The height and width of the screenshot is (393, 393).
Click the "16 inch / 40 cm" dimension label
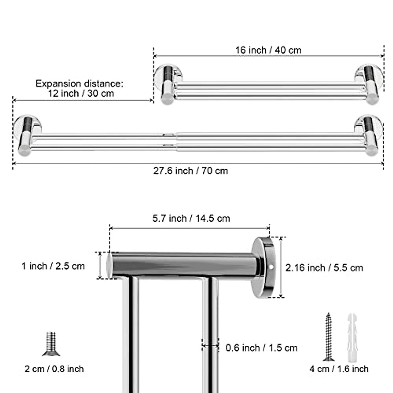click(x=268, y=50)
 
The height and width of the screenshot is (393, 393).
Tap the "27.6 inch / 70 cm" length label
click(x=191, y=171)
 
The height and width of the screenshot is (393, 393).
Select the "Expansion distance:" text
click(x=80, y=84)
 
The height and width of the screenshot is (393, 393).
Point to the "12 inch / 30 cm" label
click(x=81, y=93)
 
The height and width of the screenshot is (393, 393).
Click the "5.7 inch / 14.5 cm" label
click(x=191, y=218)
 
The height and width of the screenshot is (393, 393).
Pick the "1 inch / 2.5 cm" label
click(x=53, y=266)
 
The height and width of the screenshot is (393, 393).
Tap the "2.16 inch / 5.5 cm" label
click(x=324, y=268)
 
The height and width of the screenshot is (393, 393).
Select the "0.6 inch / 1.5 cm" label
click(x=261, y=348)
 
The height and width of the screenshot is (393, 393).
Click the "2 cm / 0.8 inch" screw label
click(x=54, y=369)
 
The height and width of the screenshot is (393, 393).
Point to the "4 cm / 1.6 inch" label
click(x=339, y=369)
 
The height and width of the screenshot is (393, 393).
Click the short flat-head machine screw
click(x=51, y=344)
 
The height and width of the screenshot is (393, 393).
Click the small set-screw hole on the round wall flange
click(x=271, y=267)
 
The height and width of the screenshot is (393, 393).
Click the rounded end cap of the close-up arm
click(x=109, y=265)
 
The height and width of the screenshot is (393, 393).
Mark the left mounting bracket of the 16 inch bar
click(x=168, y=84)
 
